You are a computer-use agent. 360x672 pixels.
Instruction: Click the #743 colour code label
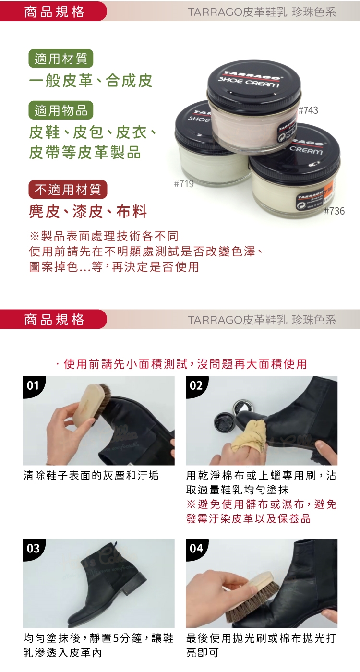tap(308, 110)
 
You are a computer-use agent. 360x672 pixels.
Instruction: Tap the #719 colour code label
tap(184, 183)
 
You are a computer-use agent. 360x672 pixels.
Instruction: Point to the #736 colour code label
tap(335, 211)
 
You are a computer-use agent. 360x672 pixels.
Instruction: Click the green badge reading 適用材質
tap(61, 58)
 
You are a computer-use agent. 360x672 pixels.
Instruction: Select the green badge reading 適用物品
tap(61, 110)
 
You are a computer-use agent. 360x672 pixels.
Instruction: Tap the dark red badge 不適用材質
tap(68, 189)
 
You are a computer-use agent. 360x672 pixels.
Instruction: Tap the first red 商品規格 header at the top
tap(53, 11)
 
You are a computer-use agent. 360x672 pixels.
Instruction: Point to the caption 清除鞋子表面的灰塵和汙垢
tap(91, 476)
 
